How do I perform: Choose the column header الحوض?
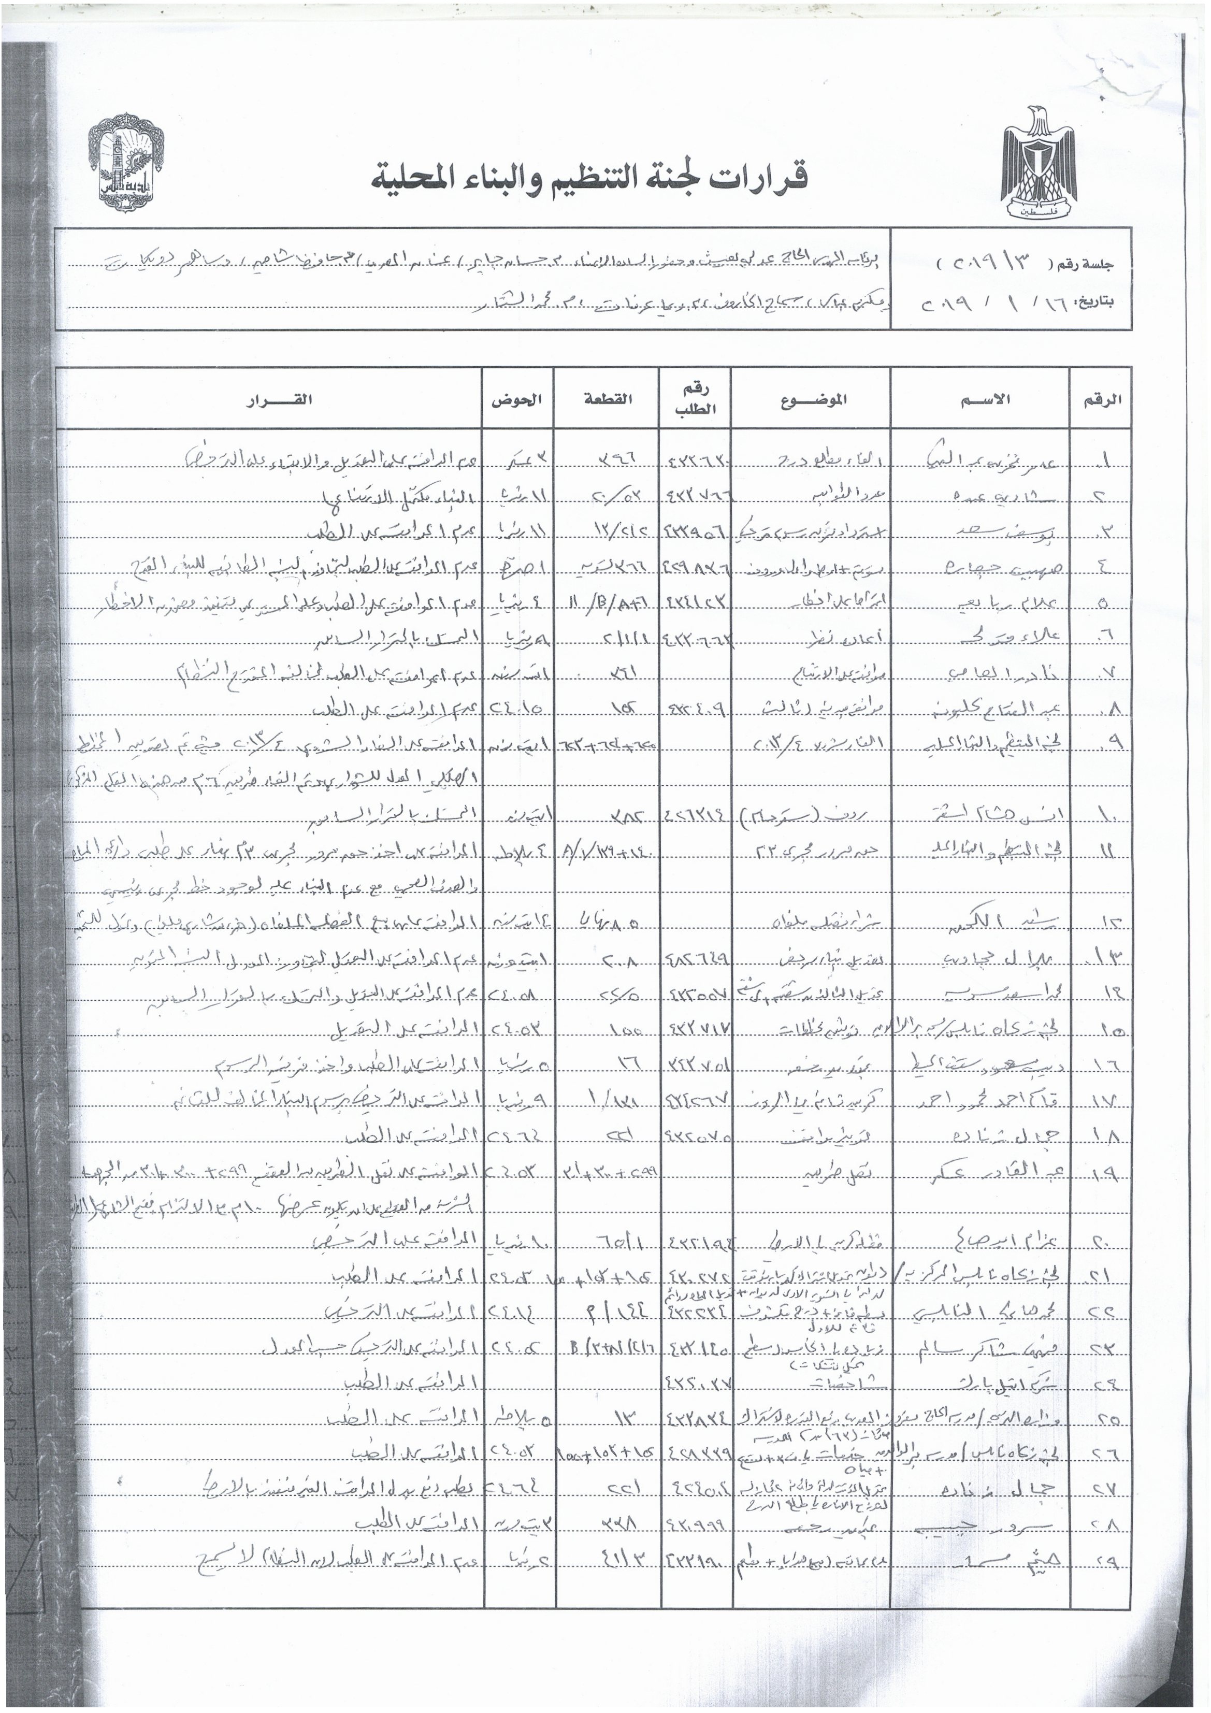pyautogui.click(x=516, y=399)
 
